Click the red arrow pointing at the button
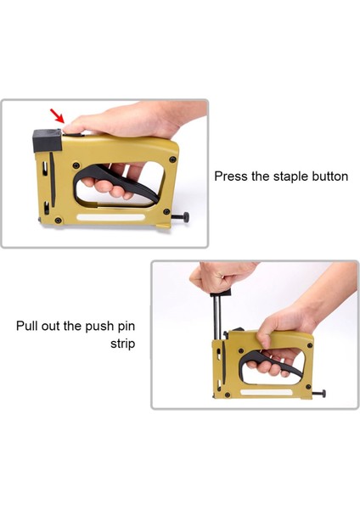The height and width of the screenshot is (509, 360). point(57,116)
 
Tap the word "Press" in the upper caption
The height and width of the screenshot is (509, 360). point(231,176)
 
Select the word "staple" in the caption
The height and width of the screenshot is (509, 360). point(290,177)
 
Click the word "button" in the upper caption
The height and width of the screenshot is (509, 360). point(329,176)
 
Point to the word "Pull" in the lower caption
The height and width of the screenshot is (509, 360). point(26,326)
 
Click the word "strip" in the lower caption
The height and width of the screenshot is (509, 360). point(122,344)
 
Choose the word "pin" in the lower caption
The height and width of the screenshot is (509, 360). point(126,327)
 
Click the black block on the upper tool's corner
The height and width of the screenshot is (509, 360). point(48,141)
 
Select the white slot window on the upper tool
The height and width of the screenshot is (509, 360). point(110,217)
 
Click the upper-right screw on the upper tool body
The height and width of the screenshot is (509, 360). point(172,159)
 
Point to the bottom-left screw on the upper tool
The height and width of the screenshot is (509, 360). point(58,221)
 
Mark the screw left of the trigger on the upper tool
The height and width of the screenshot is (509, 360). point(76,165)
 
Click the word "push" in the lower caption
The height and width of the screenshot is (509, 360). point(99,327)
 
